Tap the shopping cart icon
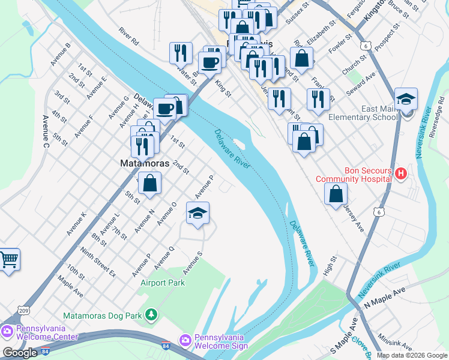[x=9, y=260]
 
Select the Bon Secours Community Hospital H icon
[x=401, y=174]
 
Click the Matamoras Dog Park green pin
[x=152, y=314]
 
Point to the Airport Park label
[x=163, y=283]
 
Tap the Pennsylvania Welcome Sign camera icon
[x=185, y=340]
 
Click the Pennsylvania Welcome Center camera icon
[x=7, y=331]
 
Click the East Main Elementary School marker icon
[x=406, y=99]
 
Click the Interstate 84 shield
[x=166, y=346]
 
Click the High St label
[x=331, y=263]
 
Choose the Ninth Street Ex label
[x=97, y=263]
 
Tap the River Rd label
[x=128, y=37]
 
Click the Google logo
[x=20, y=353]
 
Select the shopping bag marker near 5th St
[x=151, y=183]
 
